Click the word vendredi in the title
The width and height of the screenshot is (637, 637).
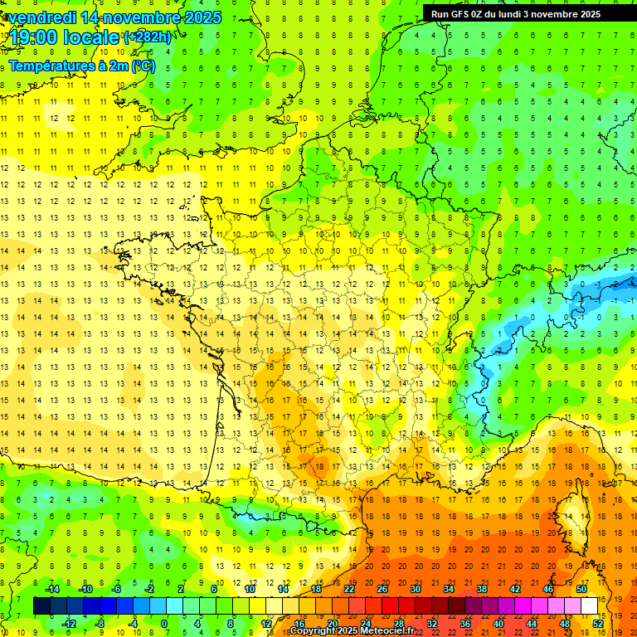click(x=42, y=17)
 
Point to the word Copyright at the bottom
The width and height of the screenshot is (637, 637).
click(x=314, y=631)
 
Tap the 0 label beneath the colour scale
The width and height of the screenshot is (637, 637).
click(x=164, y=624)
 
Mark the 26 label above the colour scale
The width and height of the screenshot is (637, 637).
click(x=382, y=589)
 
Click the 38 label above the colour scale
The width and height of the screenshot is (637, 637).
click(x=482, y=589)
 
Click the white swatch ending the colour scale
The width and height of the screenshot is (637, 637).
click(x=590, y=605)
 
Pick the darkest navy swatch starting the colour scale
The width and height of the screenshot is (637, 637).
click(x=41, y=605)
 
